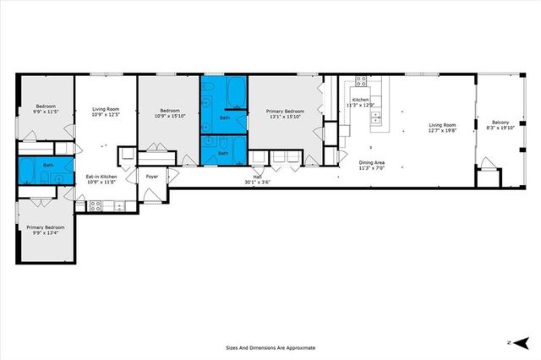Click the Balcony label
(500, 123)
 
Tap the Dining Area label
(372, 162)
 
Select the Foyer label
(152, 177)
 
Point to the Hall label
(257, 177)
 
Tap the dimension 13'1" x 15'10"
(285, 116)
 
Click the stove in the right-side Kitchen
(361, 82)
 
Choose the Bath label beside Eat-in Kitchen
(48, 165)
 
